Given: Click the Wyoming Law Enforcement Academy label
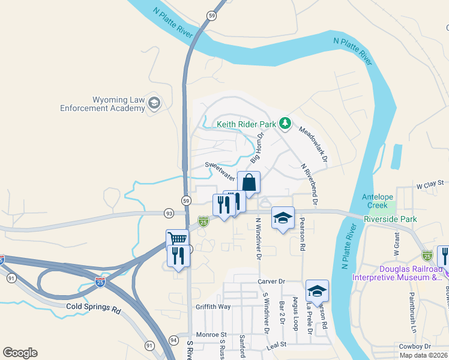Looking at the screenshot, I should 103,104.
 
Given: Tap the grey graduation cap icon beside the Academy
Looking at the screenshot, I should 154,103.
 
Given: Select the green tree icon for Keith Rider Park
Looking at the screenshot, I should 285,124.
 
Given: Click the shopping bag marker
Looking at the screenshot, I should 249,182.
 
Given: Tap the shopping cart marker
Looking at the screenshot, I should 177,240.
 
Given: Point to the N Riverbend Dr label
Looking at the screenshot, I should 310,180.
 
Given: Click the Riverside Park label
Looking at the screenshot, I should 390,220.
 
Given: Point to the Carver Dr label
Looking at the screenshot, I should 271,281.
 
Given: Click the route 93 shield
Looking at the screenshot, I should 169,213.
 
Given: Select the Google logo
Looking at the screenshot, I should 20,353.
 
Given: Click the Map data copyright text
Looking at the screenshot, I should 424,355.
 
